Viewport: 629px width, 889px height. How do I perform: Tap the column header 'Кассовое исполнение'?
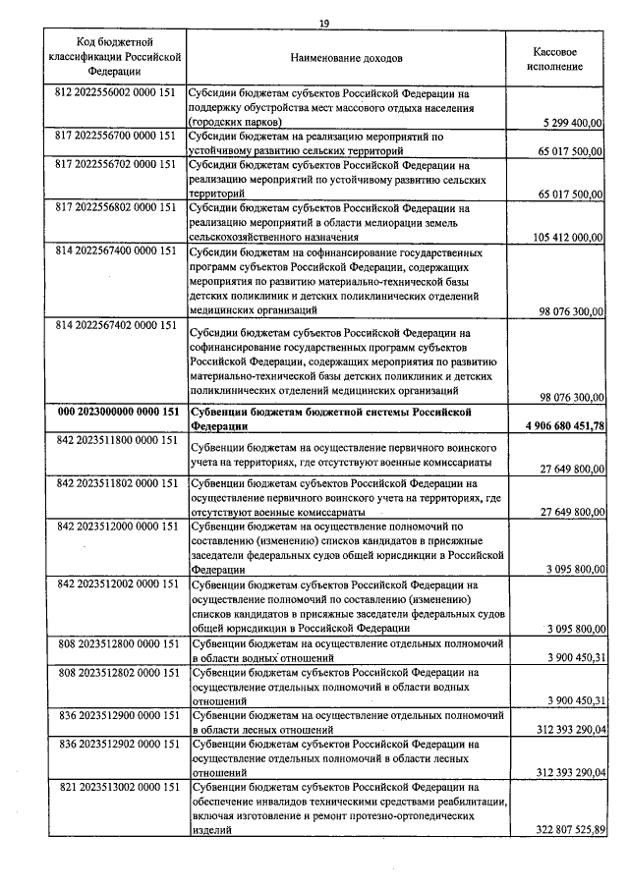[x=554, y=58]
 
